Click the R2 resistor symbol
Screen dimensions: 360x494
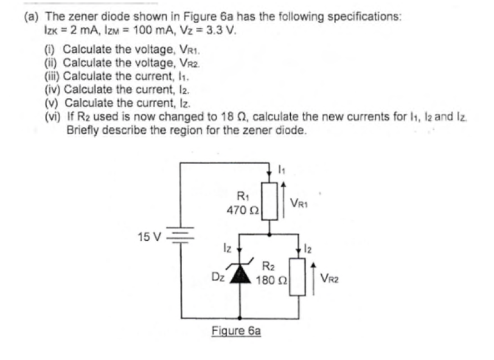pos(297,276)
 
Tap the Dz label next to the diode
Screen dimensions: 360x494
pos(217,276)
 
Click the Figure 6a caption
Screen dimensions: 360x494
pos(236,331)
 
